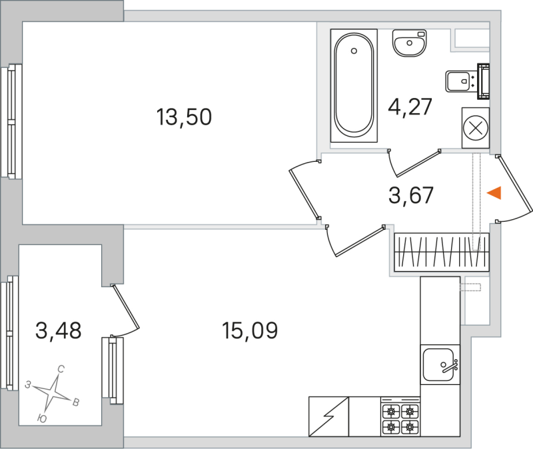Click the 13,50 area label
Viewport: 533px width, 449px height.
point(184,118)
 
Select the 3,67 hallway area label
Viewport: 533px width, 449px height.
point(411,195)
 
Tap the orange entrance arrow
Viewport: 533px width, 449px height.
point(493,193)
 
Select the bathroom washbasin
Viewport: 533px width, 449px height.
point(408,44)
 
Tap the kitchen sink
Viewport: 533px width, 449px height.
point(440,364)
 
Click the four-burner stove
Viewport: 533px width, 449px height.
point(401,418)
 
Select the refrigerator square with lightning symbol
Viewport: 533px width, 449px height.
point(328,418)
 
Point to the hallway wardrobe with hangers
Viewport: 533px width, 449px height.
point(441,252)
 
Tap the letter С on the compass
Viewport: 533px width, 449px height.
point(61,368)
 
